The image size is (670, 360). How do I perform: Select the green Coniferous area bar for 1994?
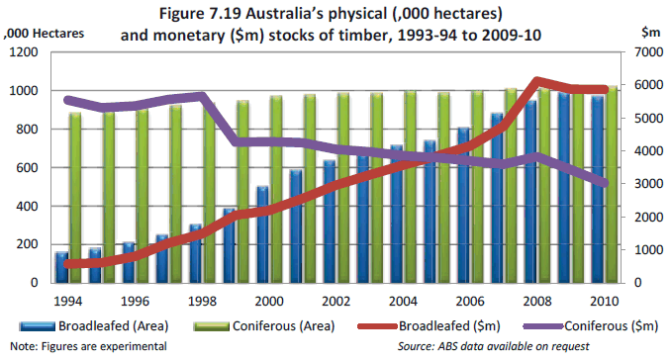[x=75, y=198]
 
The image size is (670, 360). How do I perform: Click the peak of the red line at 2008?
[x=536, y=81]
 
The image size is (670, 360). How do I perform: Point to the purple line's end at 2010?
[x=605, y=184]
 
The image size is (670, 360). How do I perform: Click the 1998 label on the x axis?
[x=201, y=300]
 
